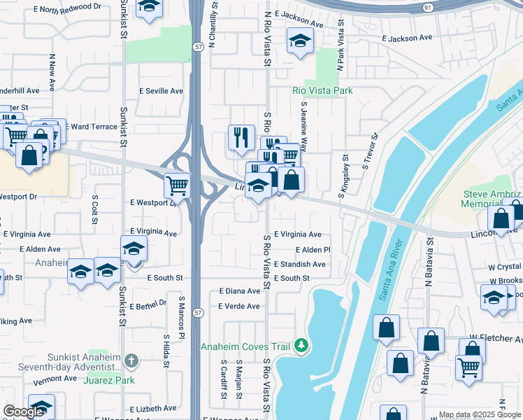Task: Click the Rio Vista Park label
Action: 322,90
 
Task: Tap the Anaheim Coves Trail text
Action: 247,346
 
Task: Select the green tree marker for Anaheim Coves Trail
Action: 301,345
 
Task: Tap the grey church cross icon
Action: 131,361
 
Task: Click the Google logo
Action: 24,412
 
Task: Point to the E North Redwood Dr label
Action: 66,8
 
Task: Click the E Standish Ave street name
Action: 300,265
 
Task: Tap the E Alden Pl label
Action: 313,250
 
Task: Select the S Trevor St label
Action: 370,152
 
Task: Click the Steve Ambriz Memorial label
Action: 491,199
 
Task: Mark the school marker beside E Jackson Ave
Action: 299,43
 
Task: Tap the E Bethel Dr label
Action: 148,303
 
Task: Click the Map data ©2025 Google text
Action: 480,414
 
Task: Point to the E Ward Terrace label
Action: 92,127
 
